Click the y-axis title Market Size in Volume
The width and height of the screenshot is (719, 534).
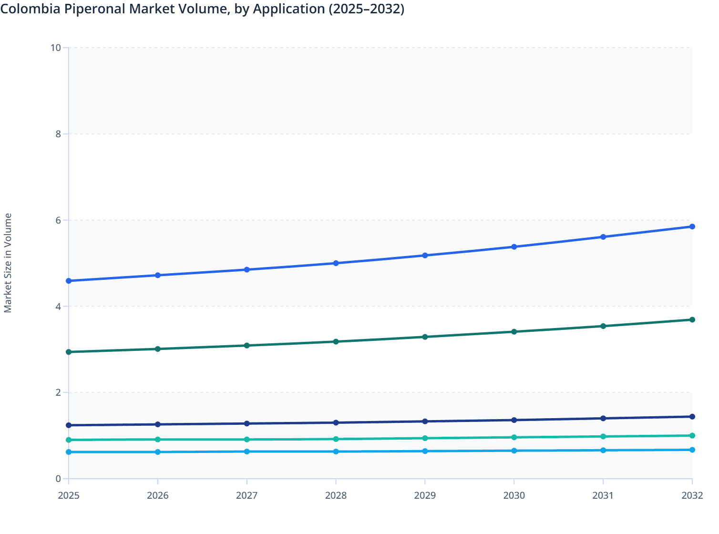[8, 263]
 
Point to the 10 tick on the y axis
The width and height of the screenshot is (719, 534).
[56, 48]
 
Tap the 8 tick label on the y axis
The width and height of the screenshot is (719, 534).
[58, 134]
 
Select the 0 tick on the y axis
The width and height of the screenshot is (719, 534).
[58, 479]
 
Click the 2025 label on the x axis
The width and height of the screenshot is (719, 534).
[69, 495]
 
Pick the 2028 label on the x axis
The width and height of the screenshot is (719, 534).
[336, 495]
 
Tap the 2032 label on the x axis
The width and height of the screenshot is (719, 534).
[692, 495]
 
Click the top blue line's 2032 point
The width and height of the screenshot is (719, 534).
[692, 226]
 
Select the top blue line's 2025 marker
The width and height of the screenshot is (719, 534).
[69, 281]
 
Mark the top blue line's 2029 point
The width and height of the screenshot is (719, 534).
[425, 256]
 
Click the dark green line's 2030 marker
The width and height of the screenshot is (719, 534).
[514, 331]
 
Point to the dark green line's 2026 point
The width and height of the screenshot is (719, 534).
[158, 349]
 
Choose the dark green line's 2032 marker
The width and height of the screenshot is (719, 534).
[692, 319]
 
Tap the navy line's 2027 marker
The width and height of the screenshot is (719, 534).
[247, 423]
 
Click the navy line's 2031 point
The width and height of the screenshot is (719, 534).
[603, 418]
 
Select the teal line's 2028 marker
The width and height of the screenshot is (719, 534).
[336, 439]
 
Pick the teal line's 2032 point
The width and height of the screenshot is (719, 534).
[692, 435]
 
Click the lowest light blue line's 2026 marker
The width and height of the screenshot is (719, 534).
[158, 452]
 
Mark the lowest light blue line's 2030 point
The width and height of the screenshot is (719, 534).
[514, 451]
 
